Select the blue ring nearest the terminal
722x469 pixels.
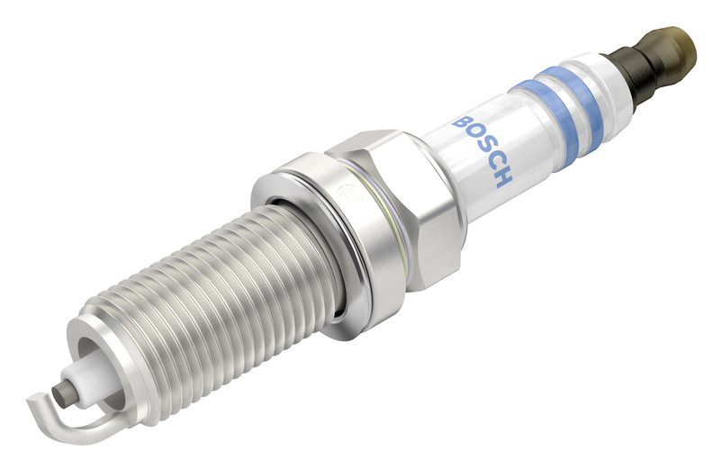575,110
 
